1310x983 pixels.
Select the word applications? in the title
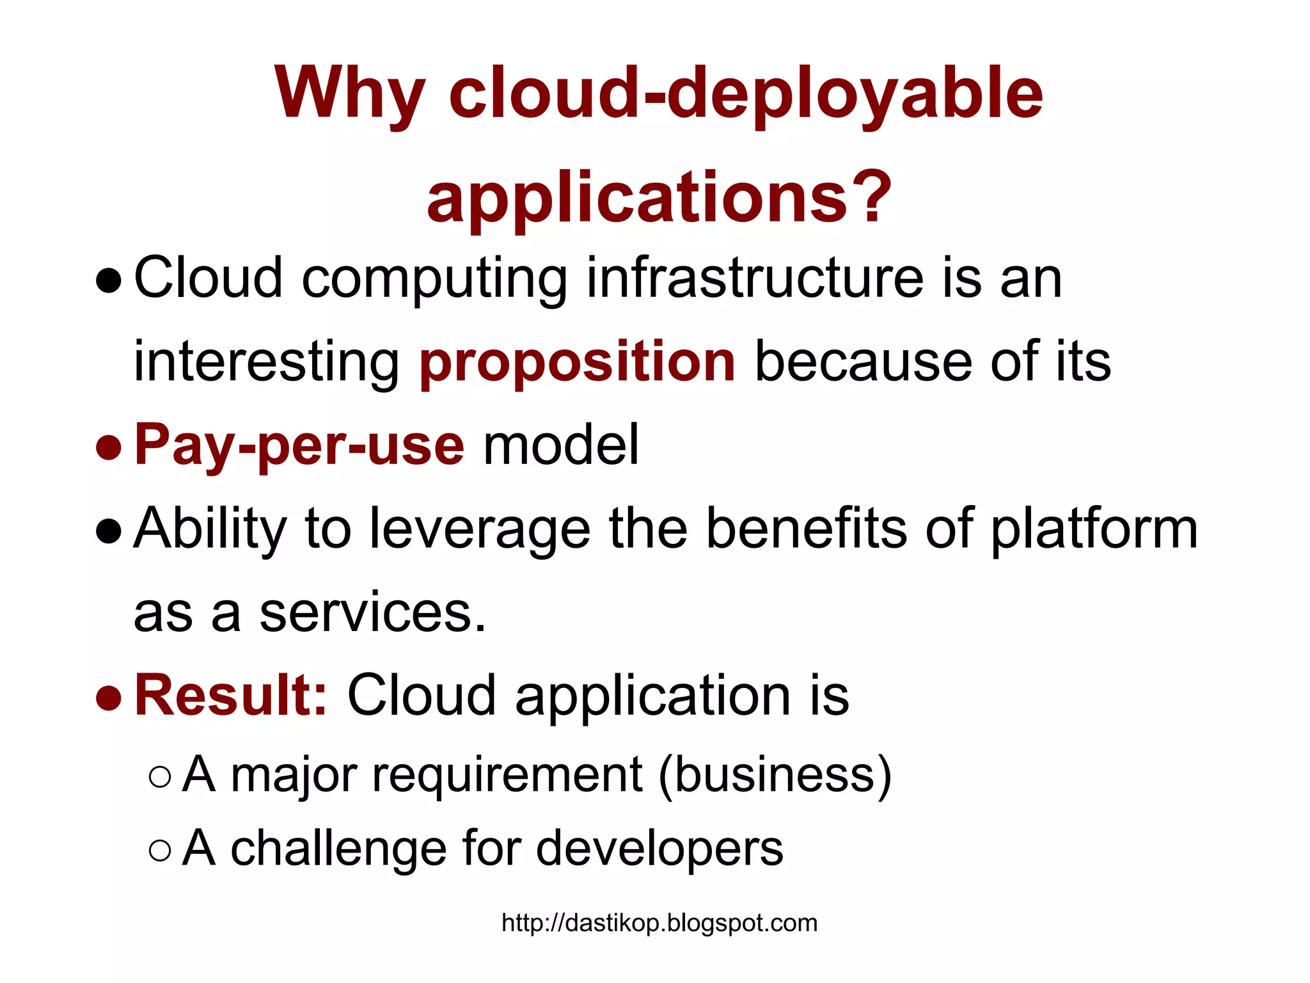tap(659, 197)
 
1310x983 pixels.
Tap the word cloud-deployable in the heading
tap(746, 95)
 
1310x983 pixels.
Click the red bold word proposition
tap(578, 362)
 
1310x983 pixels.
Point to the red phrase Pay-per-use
tap(299, 445)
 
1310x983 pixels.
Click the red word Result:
tap(231, 695)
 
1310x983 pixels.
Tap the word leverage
tap(480, 529)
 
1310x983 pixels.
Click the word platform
tap(1094, 530)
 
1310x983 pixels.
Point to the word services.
tap(373, 613)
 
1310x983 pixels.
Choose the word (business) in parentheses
tap(775, 774)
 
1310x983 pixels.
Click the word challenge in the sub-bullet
tap(338, 849)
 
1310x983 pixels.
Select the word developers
tap(659, 849)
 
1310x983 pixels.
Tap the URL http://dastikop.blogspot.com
tap(659, 923)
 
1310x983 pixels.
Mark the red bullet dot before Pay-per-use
tap(109, 447)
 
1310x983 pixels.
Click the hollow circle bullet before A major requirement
tap(159, 777)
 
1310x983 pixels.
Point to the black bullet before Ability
tap(109, 531)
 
